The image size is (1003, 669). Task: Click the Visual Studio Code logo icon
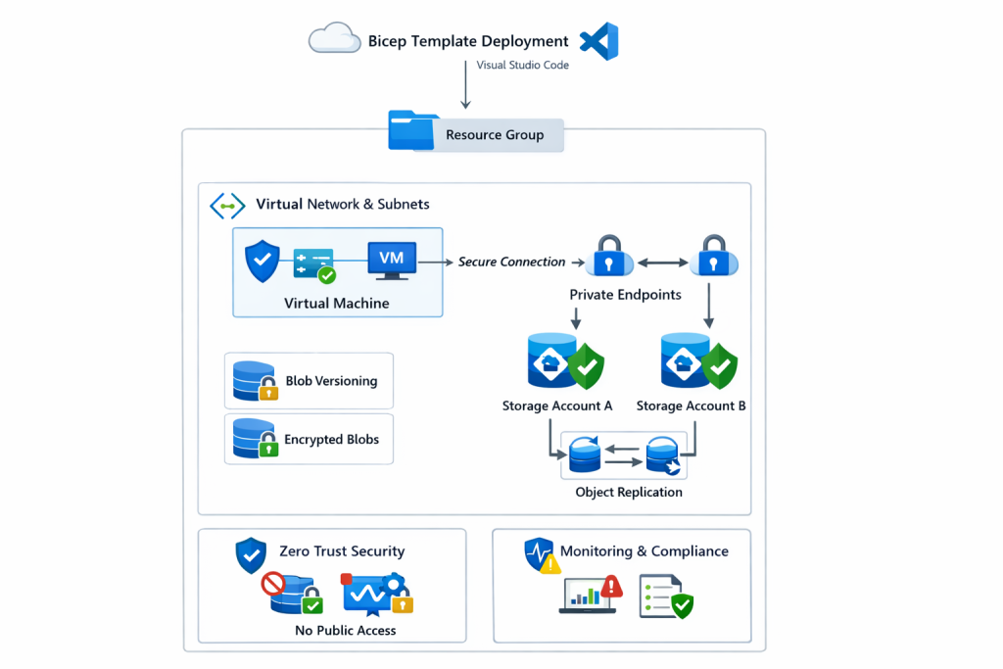(x=598, y=42)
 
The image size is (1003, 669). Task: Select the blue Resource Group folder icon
(x=413, y=131)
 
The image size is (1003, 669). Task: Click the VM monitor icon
(x=392, y=260)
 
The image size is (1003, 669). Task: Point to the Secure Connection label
(x=511, y=263)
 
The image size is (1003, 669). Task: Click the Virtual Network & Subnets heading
(x=342, y=205)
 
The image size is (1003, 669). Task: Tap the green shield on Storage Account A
(x=586, y=366)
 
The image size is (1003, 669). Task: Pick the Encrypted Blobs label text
(x=331, y=440)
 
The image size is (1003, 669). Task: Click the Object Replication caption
(x=629, y=493)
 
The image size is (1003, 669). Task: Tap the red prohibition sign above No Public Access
(x=273, y=586)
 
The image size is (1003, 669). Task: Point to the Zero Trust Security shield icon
(x=251, y=554)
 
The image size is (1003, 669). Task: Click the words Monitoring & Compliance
(x=644, y=551)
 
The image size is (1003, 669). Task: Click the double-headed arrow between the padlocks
(x=662, y=263)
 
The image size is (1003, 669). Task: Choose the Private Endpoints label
(x=625, y=294)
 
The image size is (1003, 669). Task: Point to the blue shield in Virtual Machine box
(x=262, y=262)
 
